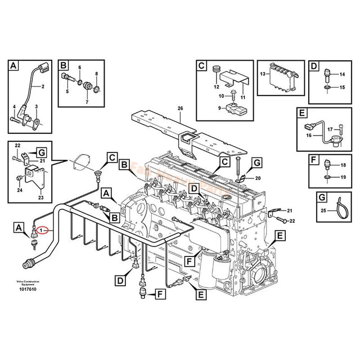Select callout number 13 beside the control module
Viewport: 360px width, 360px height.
[262, 74]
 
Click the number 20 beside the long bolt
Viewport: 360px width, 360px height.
[258, 178]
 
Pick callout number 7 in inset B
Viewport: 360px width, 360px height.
[87, 102]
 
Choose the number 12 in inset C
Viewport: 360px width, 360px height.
[215, 87]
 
